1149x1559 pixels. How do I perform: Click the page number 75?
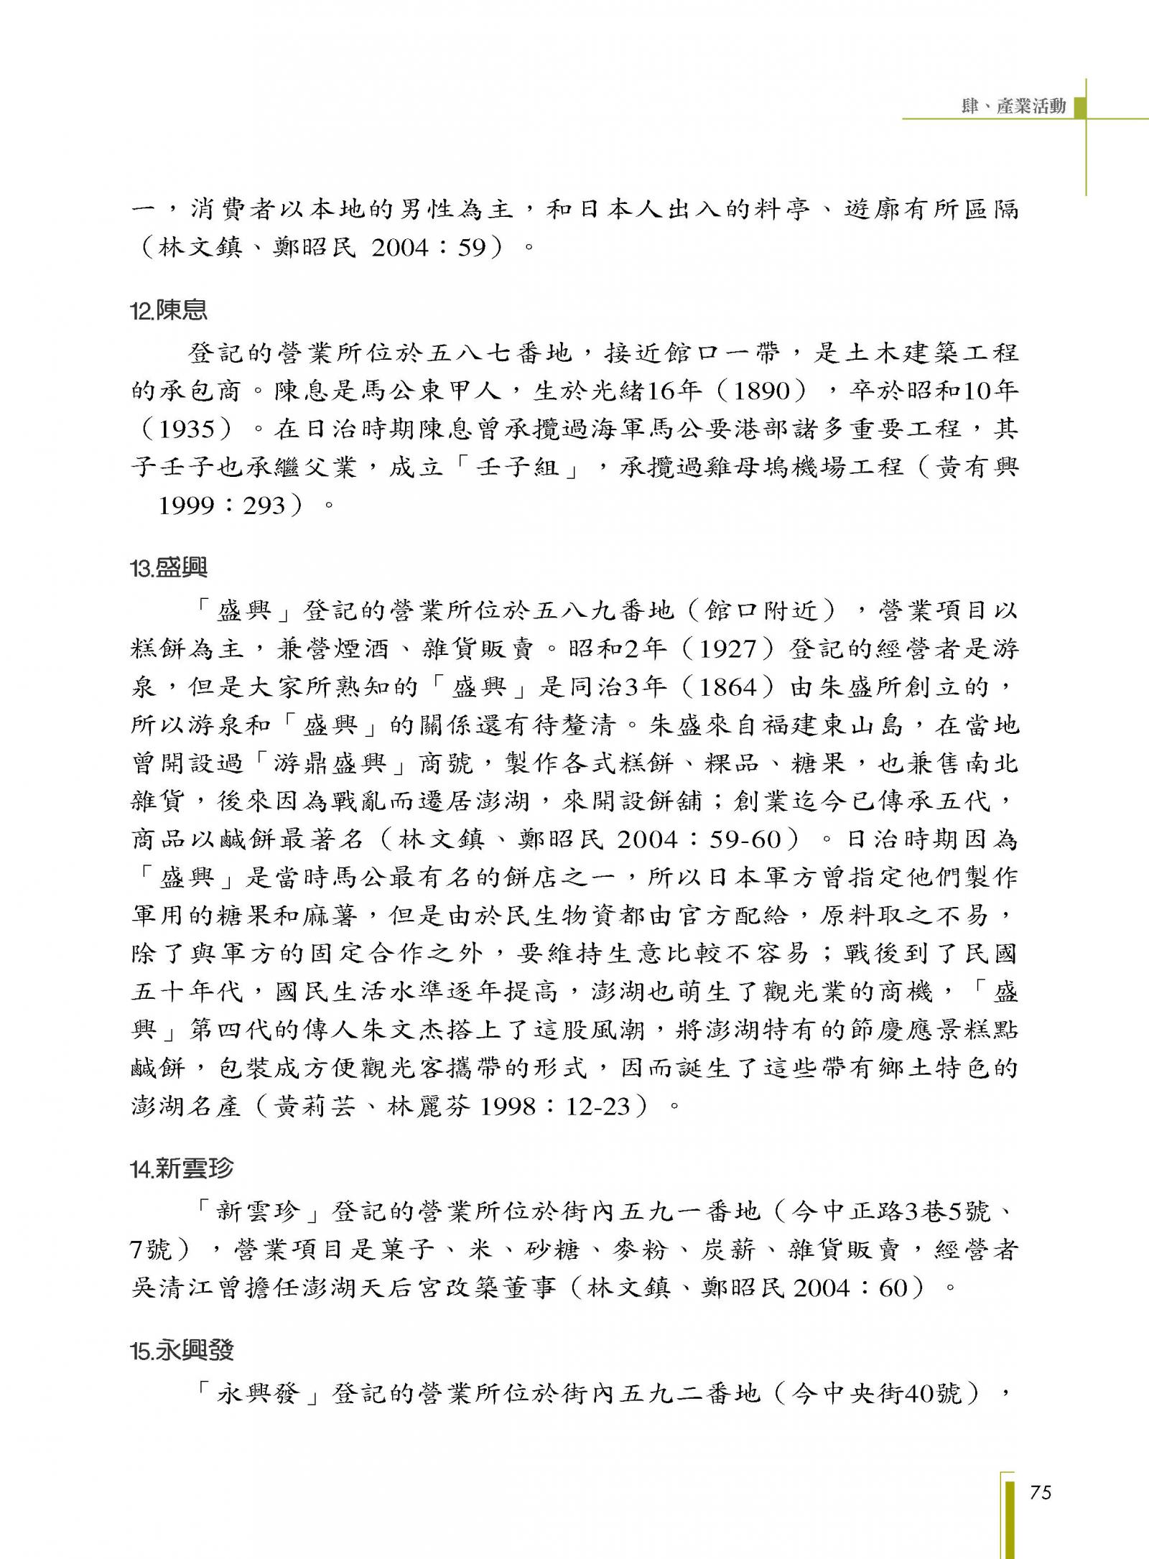pos(1040,1493)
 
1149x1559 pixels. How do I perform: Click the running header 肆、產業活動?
pos(1013,106)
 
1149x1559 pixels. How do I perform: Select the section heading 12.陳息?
pos(169,310)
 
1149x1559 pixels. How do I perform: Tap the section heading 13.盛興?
pos(169,568)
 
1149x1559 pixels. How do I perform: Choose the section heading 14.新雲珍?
pos(182,1168)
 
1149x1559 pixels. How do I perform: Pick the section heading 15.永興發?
pos(182,1351)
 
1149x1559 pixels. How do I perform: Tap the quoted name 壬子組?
pos(517,467)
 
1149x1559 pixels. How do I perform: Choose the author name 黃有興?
pos(977,467)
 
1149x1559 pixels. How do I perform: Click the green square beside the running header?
pos(1079,106)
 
